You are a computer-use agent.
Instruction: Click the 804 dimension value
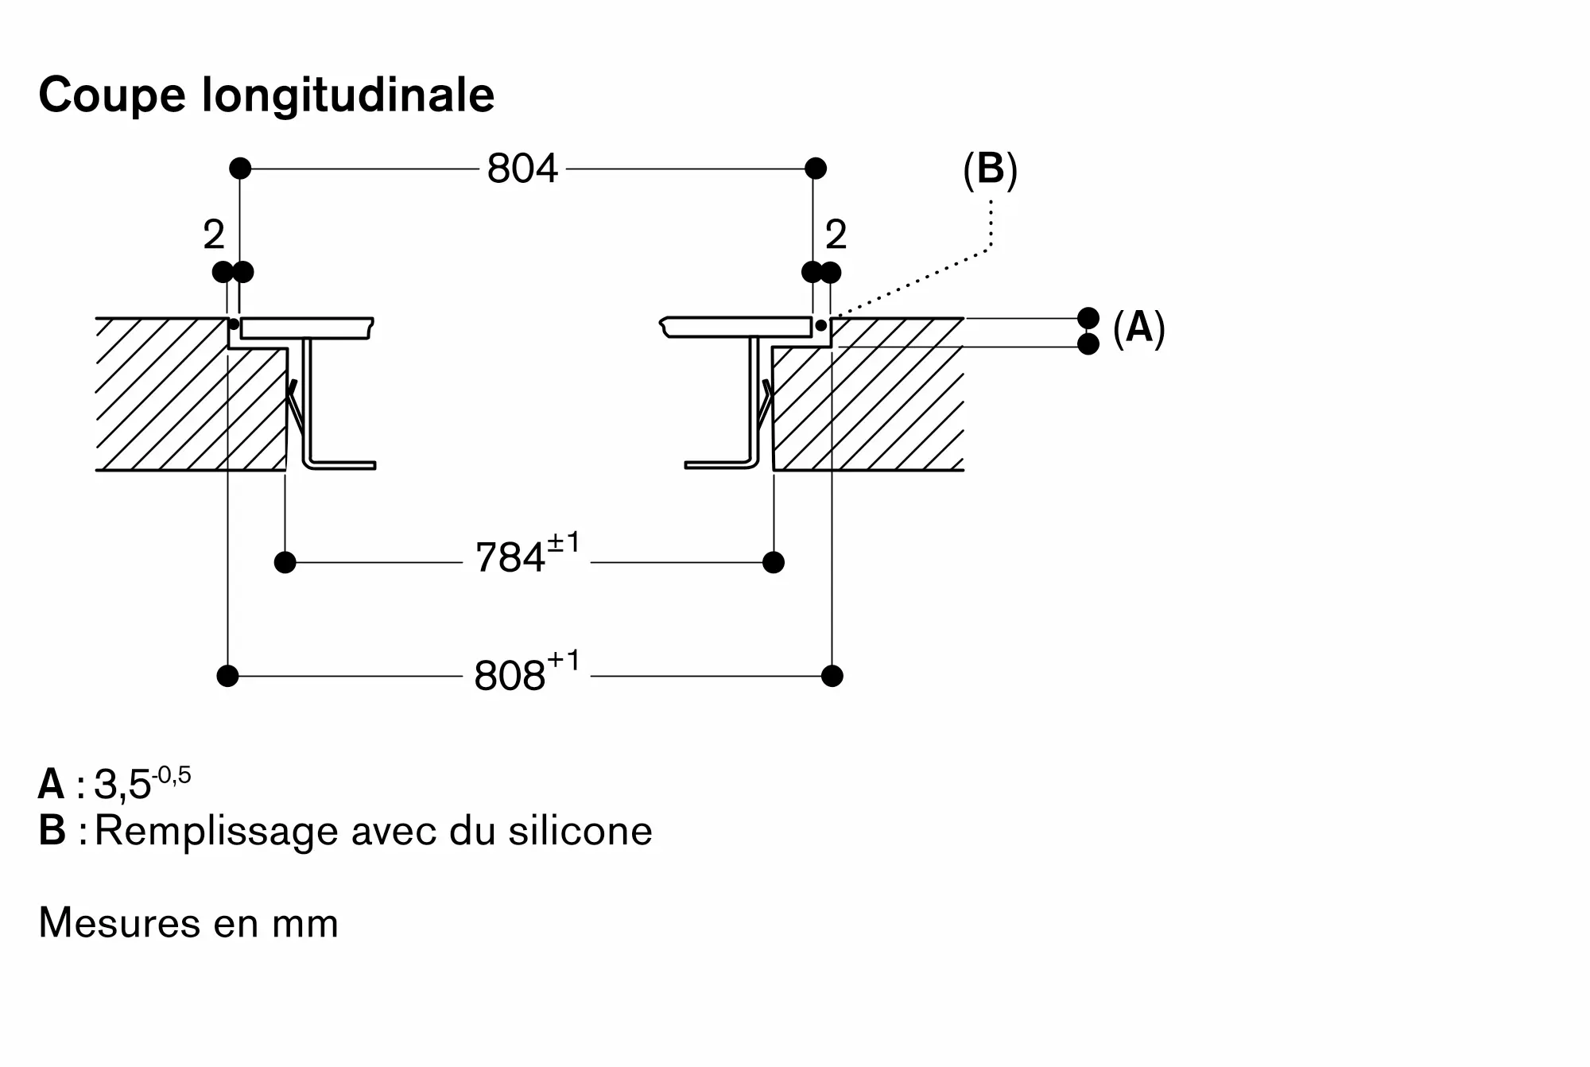pos(522,169)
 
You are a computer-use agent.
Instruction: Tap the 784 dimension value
pos(510,557)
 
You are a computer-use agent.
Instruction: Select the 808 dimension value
pos(510,676)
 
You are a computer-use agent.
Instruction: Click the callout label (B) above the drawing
pos(990,169)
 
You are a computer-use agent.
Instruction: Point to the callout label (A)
pos(1139,328)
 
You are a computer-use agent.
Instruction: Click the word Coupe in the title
pos(112,96)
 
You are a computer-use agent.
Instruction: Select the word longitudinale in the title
pos(348,96)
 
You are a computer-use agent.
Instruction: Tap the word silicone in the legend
pos(580,831)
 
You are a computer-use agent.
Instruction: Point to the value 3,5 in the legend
pos(122,786)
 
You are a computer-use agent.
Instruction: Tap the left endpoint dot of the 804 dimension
pos(240,169)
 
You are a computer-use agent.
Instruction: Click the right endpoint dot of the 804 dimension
pos(816,169)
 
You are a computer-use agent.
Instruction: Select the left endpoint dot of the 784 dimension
pos(285,563)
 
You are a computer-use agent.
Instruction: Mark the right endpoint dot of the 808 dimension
pos(832,677)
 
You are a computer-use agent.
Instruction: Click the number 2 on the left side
pos(214,235)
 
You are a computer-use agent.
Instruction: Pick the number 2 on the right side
pos(836,235)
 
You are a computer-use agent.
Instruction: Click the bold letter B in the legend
pos(52,831)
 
